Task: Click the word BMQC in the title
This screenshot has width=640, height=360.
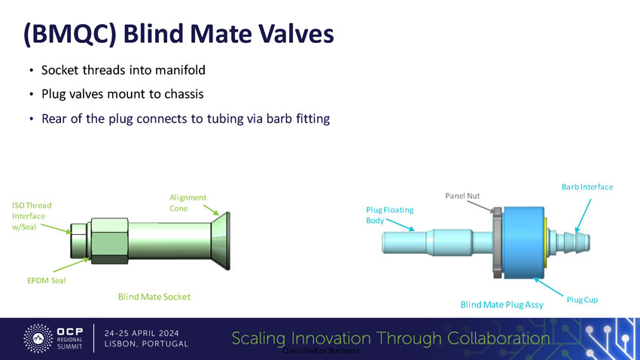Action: pos(70,33)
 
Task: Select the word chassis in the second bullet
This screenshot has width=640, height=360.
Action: pos(184,94)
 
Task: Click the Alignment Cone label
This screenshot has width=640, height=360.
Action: pos(187,203)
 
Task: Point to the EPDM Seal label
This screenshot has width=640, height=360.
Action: pos(46,280)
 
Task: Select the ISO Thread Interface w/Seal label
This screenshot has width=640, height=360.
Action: pos(32,216)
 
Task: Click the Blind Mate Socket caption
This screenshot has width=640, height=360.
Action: pos(154,297)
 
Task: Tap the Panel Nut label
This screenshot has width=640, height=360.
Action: pos(462,196)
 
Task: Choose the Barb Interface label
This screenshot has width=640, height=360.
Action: pos(587,187)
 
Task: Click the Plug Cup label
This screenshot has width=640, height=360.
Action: pos(582,300)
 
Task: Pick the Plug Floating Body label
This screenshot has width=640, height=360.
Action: pos(389,215)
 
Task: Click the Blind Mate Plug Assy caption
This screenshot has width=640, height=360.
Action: pos(501,304)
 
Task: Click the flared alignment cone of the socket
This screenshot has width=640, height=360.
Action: pos(221,241)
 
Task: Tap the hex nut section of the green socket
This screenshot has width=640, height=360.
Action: pos(109,241)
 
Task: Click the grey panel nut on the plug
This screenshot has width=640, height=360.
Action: pos(497,243)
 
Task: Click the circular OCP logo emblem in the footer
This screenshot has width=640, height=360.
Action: pos(38,338)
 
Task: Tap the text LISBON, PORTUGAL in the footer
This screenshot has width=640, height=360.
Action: pos(146,344)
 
